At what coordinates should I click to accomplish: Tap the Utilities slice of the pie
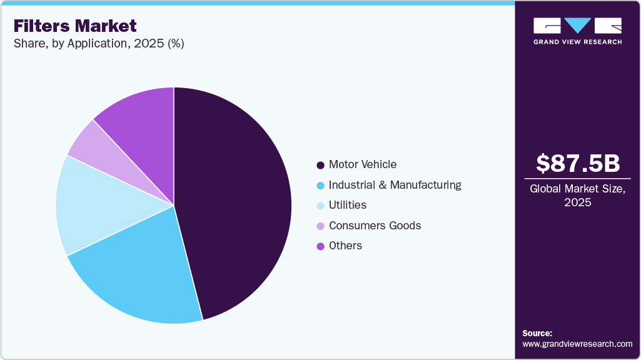pos(94,206)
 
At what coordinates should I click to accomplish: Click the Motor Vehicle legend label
pos(363,164)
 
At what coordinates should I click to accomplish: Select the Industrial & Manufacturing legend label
pos(395,185)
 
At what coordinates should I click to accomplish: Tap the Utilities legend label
pos(348,205)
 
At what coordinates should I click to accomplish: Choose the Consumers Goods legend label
pos(375,226)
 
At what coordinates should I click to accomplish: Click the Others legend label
pos(345,246)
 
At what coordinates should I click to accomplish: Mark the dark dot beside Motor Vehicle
pos(320,165)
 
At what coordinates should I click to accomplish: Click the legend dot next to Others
pos(320,246)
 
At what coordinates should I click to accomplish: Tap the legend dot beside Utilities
pos(320,206)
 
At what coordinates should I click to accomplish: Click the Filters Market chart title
pos(75,26)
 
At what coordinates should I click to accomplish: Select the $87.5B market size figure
pos(578,163)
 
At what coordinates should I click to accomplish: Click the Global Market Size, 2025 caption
pos(578,196)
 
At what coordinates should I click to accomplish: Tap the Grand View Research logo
pos(578,31)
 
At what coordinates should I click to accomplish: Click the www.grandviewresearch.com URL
pos(577,344)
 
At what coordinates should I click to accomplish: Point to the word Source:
pos(537,333)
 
